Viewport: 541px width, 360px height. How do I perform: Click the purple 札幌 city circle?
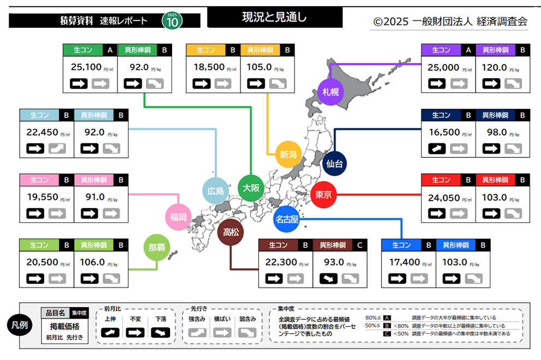(x=331, y=92)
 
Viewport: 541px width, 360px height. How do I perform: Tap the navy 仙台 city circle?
(x=334, y=163)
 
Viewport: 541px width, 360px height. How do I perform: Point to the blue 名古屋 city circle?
(x=287, y=220)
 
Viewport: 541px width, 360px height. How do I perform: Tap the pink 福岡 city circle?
(x=178, y=217)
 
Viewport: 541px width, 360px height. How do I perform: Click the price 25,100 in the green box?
(x=86, y=67)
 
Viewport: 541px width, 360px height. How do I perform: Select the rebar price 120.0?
(x=493, y=67)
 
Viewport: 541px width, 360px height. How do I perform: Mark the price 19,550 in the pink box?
(x=43, y=197)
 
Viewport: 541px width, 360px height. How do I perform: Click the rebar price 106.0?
(x=92, y=262)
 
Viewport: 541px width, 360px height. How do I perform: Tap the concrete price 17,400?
(x=405, y=262)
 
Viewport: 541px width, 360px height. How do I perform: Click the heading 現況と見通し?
(x=275, y=17)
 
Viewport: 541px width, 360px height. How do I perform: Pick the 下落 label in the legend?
(x=161, y=318)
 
